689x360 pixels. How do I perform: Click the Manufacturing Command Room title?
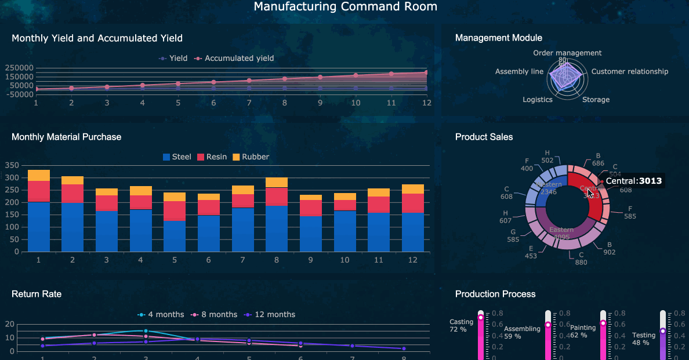345,6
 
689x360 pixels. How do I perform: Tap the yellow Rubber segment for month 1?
39,175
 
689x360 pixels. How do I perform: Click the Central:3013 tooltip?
633,181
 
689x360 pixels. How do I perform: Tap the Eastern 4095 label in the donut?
561,233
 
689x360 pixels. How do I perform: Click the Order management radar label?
567,53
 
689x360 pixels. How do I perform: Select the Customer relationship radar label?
629,71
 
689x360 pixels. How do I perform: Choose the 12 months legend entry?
274,314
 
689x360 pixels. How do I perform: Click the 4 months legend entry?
165,314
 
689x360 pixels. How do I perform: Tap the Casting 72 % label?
462,325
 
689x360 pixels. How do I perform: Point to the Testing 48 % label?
644,339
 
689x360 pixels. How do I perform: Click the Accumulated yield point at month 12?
426,72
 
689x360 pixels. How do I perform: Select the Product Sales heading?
484,137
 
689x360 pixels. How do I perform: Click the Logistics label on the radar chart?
537,99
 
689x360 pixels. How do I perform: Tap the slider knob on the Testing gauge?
662,331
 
